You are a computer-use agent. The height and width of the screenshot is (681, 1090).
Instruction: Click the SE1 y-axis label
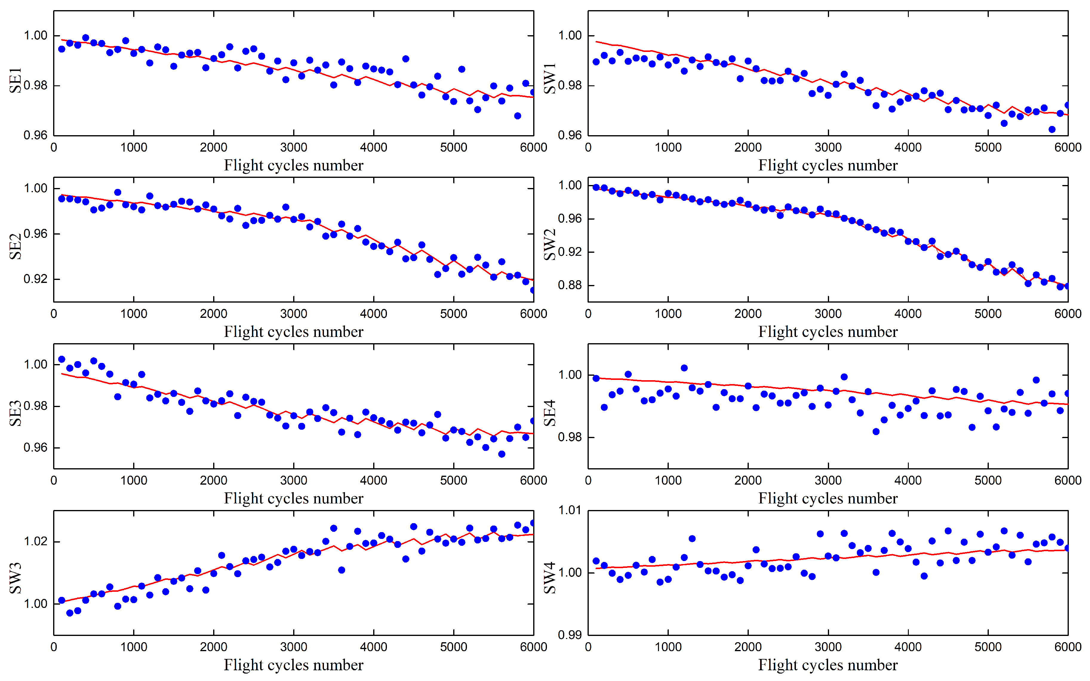[x=15, y=81]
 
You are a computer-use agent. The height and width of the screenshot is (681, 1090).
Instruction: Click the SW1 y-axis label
[x=550, y=78]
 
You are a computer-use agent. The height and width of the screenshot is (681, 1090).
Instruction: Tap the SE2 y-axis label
[x=15, y=246]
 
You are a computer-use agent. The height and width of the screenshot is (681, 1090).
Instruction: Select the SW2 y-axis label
[x=550, y=245]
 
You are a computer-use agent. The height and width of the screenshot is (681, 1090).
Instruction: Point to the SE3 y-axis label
[x=15, y=413]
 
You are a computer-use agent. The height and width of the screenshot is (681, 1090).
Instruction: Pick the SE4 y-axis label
[x=550, y=413]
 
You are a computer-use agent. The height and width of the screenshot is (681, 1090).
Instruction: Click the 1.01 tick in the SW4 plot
[x=570, y=510]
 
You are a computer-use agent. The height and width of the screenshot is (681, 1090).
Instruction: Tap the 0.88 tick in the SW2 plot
[x=570, y=285]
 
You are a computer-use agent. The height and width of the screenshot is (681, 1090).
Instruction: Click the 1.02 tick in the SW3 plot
[x=35, y=541]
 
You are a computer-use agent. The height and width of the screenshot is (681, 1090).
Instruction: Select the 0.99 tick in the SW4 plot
[x=570, y=635]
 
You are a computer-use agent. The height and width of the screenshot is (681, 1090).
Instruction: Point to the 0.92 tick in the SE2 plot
[x=35, y=279]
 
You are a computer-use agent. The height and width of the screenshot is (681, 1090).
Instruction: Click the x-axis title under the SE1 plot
[x=293, y=165]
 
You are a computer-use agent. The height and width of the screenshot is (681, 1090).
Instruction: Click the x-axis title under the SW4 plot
[x=828, y=665]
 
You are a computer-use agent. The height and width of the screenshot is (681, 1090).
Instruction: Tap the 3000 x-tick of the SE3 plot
[x=293, y=480]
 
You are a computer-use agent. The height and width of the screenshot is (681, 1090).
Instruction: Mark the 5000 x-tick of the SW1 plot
[x=988, y=147]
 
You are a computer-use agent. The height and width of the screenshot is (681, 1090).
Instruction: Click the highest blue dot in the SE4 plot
[x=684, y=368]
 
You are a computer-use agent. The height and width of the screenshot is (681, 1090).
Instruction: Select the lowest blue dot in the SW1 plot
[x=1052, y=129]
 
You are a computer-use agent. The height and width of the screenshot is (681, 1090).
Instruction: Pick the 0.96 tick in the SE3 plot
[x=35, y=448]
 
